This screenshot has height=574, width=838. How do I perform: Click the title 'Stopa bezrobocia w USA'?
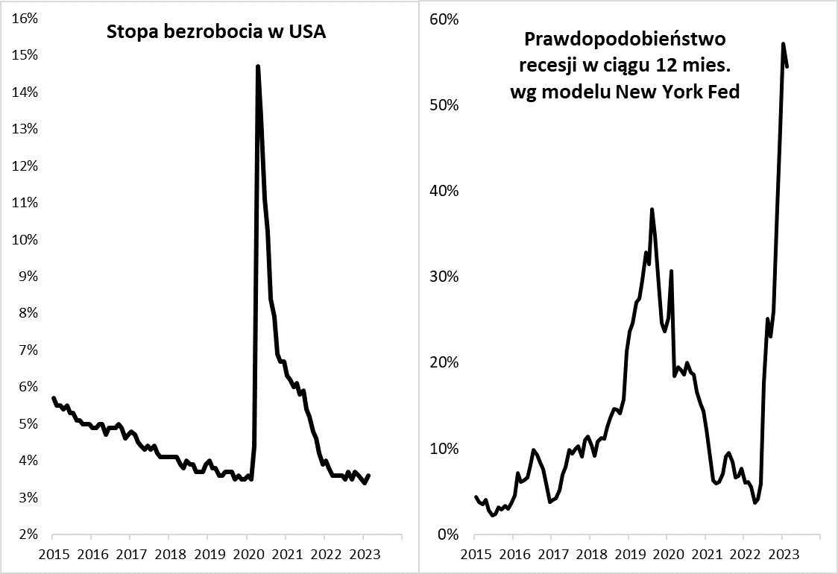point(217,32)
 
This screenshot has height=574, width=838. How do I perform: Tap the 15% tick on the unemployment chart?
point(25,55)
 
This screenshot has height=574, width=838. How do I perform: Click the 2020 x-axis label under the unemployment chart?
point(246,555)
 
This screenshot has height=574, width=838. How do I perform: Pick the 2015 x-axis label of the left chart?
point(53,555)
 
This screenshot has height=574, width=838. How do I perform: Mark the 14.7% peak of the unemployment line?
point(257,66)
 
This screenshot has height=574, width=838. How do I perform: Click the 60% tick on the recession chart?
point(444,19)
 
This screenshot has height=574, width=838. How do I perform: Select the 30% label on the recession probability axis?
point(444,277)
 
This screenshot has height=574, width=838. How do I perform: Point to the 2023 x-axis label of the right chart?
point(782,555)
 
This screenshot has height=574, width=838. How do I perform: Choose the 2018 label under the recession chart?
point(591,555)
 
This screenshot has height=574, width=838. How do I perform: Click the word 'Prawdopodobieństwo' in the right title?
point(625,39)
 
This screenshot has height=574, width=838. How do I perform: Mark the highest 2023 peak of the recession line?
point(783,44)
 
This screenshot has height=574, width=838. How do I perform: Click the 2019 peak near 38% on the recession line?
point(652,209)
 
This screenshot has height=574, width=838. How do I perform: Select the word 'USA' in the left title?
point(309,32)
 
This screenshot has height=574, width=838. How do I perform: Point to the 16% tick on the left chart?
point(25,19)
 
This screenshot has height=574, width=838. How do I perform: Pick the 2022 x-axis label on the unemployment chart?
point(324,555)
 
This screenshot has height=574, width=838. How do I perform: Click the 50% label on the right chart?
point(444,104)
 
